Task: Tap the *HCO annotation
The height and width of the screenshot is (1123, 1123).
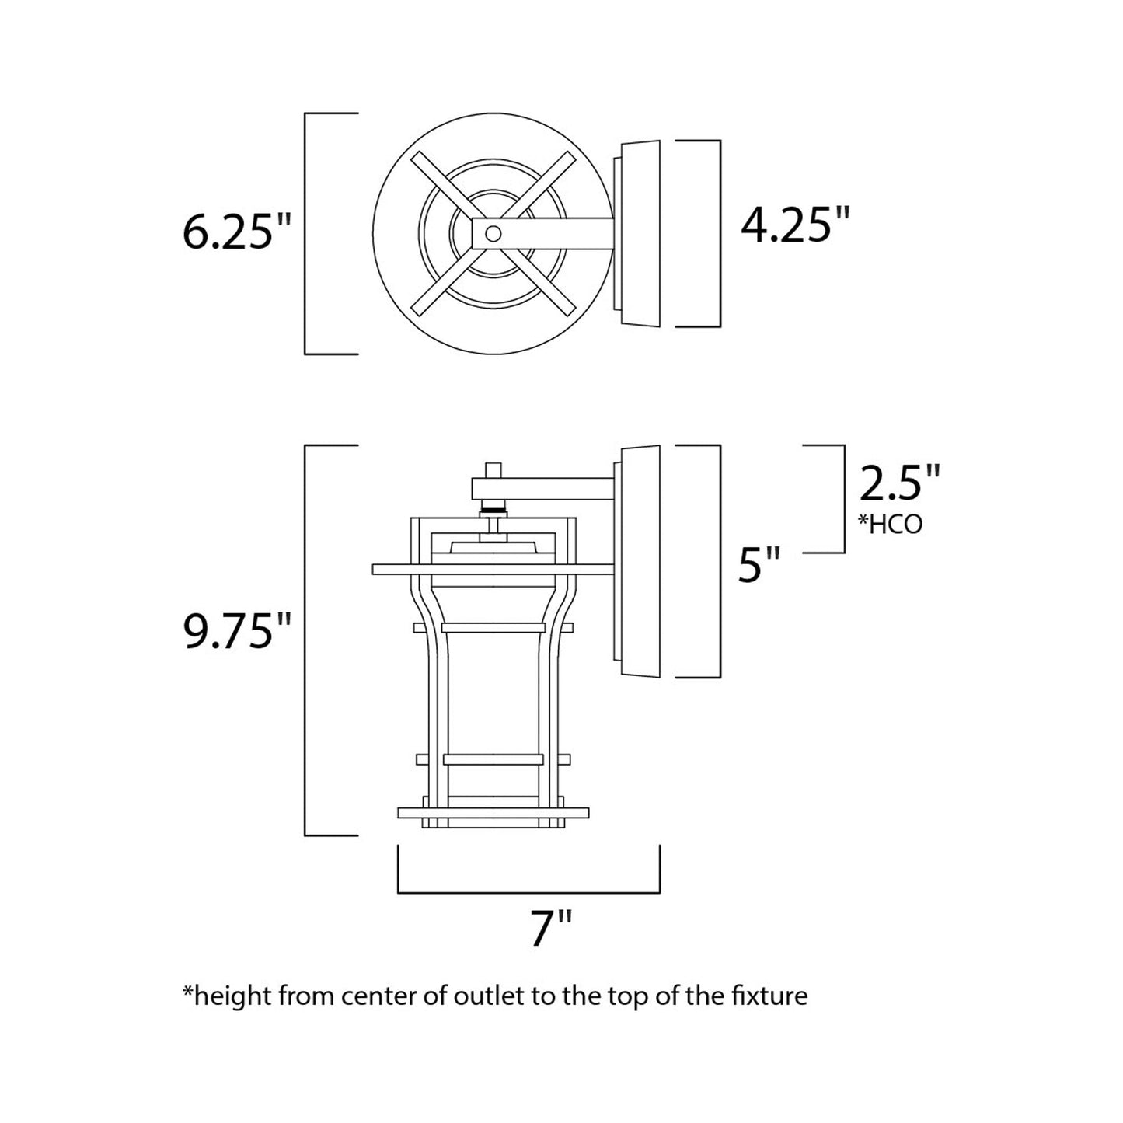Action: click(x=890, y=525)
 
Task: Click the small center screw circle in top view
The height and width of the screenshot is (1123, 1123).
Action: click(x=492, y=232)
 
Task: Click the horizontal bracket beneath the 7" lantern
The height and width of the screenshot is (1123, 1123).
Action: click(x=528, y=892)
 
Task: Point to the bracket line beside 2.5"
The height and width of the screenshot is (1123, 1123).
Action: click(x=843, y=499)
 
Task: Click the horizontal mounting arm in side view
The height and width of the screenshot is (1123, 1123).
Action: click(x=544, y=488)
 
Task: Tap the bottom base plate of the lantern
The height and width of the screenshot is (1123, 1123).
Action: click(x=491, y=813)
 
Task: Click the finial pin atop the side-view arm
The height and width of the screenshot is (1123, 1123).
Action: click(x=491, y=470)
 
